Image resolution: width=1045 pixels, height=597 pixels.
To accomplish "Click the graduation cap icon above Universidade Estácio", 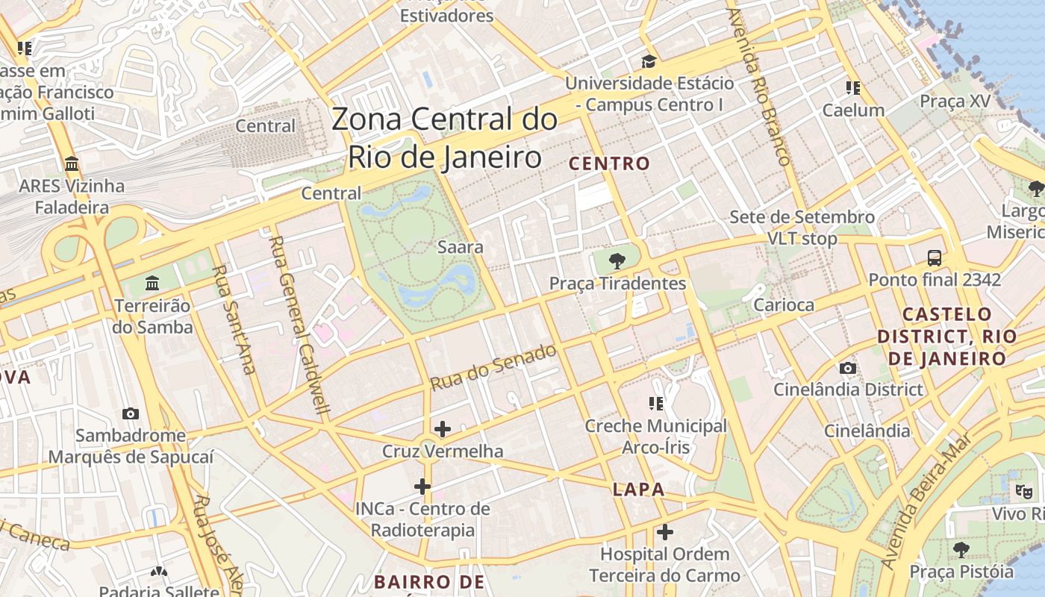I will pyautogui.click(x=649, y=61).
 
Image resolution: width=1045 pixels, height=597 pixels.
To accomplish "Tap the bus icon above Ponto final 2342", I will pyautogui.click(x=934, y=258).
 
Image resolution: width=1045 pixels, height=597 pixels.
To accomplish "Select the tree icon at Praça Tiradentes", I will pyautogui.click(x=617, y=261).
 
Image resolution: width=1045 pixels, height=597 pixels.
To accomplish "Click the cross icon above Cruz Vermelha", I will pyautogui.click(x=443, y=429).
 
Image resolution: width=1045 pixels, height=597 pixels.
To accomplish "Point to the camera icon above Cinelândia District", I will pyautogui.click(x=848, y=368).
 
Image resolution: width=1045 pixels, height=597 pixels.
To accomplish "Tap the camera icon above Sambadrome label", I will pyautogui.click(x=131, y=413).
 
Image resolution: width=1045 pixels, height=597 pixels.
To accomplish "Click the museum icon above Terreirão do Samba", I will pyautogui.click(x=153, y=283).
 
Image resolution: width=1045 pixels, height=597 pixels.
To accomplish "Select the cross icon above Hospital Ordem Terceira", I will pyautogui.click(x=664, y=532).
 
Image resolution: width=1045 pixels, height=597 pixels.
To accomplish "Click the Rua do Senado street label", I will pyautogui.click(x=493, y=367).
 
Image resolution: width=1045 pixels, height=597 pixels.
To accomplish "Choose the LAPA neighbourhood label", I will pyautogui.click(x=638, y=490).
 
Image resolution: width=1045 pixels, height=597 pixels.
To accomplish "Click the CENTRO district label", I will pyautogui.click(x=610, y=163).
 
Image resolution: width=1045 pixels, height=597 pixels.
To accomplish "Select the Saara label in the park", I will pyautogui.click(x=461, y=247).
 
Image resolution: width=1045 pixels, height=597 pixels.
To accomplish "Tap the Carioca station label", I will pyautogui.click(x=784, y=304).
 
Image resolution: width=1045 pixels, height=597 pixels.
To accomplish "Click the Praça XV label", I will pyautogui.click(x=955, y=101).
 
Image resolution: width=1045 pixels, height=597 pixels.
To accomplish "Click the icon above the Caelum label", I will pyautogui.click(x=853, y=88).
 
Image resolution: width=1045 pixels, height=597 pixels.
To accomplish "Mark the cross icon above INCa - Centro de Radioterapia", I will pyautogui.click(x=422, y=487).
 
